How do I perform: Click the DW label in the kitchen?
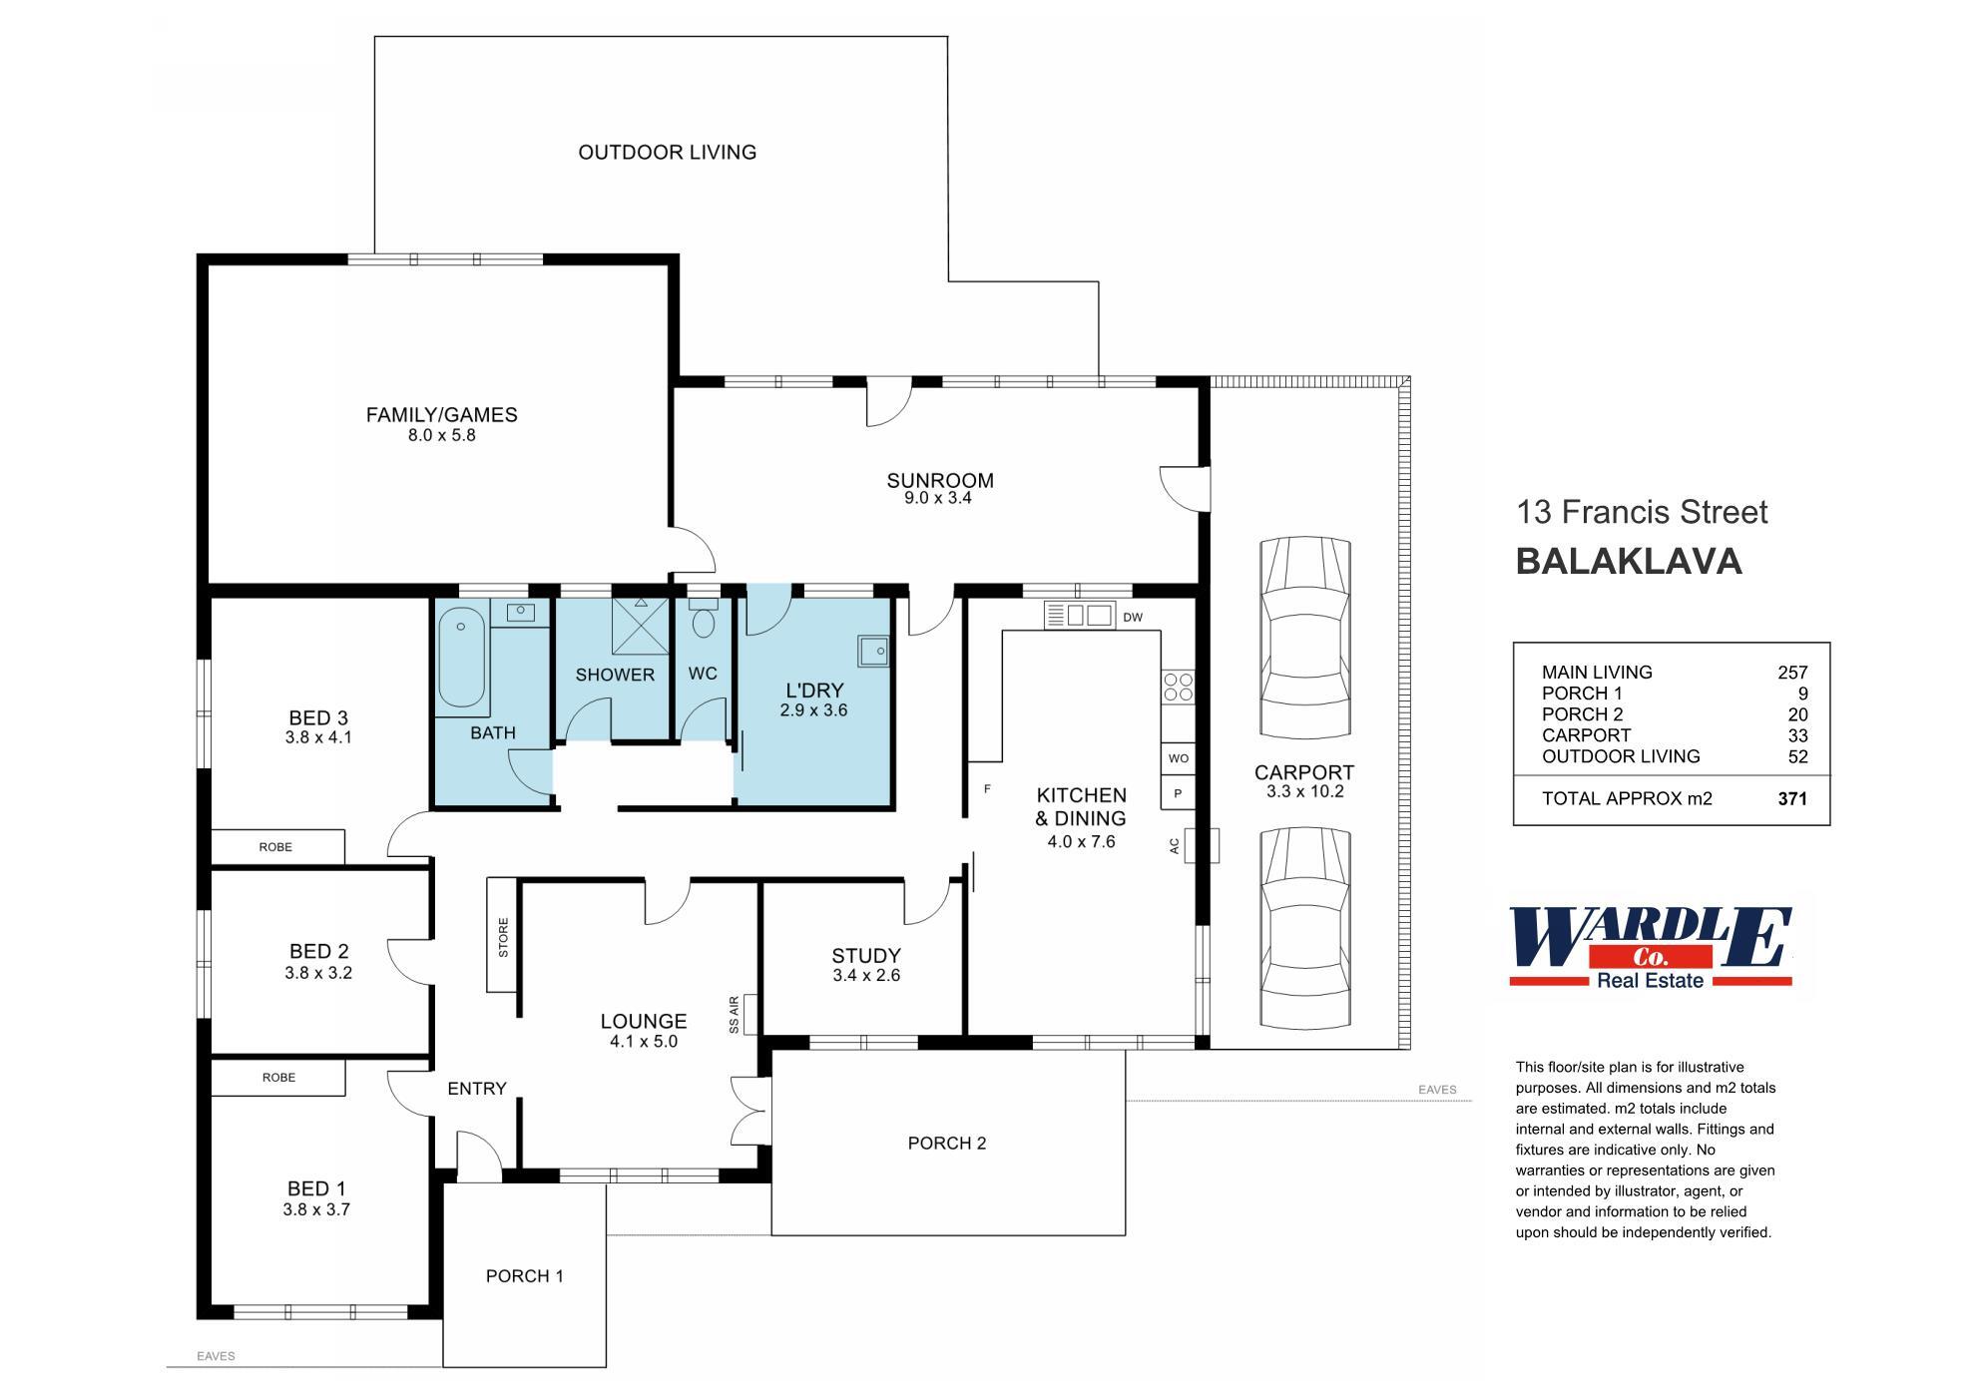1133,618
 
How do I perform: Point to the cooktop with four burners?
1178,687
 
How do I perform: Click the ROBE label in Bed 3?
275,847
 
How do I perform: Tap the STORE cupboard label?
503,937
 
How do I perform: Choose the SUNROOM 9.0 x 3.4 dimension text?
938,498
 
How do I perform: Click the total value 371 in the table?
1792,798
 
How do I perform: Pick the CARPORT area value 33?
1797,735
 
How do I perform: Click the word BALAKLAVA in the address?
1629,562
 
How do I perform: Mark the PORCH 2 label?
947,1143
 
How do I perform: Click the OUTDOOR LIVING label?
668,153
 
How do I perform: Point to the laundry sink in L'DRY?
872,651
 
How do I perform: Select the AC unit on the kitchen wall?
1202,845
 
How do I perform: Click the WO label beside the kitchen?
1179,758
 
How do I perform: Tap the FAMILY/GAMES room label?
441,415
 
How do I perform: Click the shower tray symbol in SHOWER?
639,624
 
